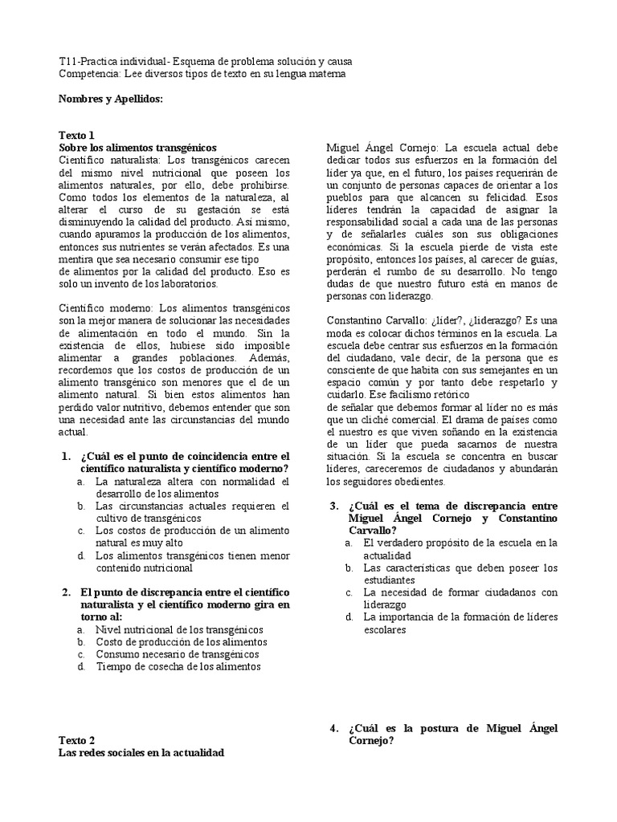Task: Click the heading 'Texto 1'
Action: click(77, 136)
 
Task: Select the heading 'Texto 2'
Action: click(77, 739)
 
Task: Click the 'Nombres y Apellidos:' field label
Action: click(111, 99)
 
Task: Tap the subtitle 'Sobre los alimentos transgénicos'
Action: click(138, 148)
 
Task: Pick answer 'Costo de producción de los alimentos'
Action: click(181, 641)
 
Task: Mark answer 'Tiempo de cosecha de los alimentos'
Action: click(178, 666)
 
